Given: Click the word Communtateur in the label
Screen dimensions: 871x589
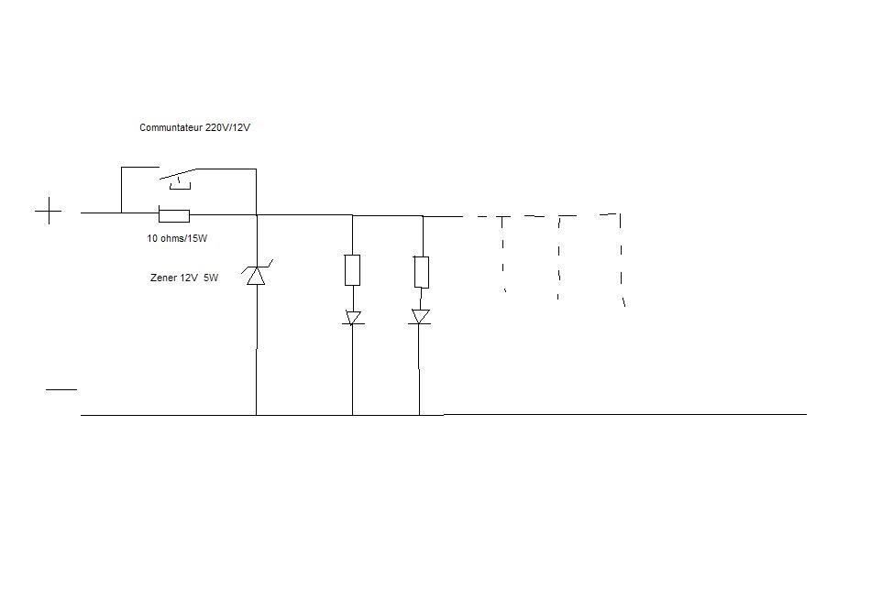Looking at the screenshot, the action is (171, 128).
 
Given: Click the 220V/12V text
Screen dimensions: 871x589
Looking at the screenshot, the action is (227, 128).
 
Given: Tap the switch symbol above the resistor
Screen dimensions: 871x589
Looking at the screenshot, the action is (179, 176).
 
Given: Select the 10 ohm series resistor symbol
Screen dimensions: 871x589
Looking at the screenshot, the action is (174, 215).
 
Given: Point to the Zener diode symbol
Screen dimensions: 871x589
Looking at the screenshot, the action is (256, 274).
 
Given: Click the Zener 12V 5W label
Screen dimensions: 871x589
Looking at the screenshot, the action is (184, 278).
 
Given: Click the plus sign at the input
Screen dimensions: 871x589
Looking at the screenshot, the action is (49, 213).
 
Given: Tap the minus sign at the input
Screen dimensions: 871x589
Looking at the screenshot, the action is (61, 389).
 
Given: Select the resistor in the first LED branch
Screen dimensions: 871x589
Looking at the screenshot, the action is (352, 269).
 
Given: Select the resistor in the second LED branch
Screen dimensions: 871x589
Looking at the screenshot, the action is (421, 271).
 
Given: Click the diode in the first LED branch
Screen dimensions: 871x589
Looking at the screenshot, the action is (353, 318).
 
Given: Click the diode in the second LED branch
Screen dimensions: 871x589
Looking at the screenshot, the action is (421, 317).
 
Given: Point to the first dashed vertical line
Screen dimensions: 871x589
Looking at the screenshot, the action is (503, 254).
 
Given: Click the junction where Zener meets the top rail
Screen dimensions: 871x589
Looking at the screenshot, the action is (256, 215).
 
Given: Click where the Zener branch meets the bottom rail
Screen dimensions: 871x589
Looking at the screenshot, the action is (256, 415).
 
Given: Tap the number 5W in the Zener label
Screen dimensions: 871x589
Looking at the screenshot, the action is (210, 278).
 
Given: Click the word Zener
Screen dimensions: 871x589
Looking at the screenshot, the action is (164, 278).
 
